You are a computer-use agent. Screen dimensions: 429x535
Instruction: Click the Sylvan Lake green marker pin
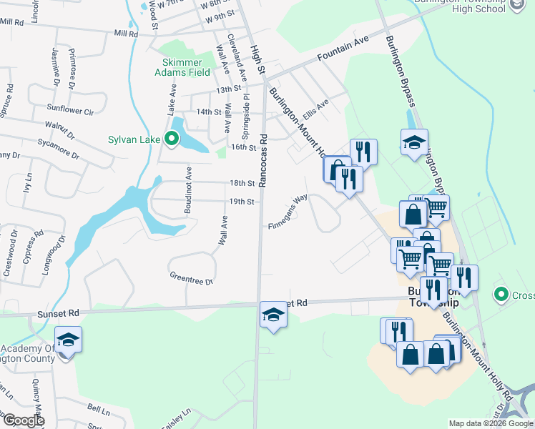(x=172, y=139)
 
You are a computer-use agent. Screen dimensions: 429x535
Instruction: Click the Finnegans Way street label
(x=288, y=213)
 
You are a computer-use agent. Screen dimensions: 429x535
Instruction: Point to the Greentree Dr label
(x=191, y=277)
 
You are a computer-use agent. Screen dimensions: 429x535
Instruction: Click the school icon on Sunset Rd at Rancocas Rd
(x=273, y=315)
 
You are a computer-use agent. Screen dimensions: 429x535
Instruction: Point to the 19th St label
(x=242, y=202)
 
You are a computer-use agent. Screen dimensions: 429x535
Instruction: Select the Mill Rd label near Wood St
(x=125, y=34)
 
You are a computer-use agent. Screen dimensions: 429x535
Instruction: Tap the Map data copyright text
(x=491, y=423)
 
